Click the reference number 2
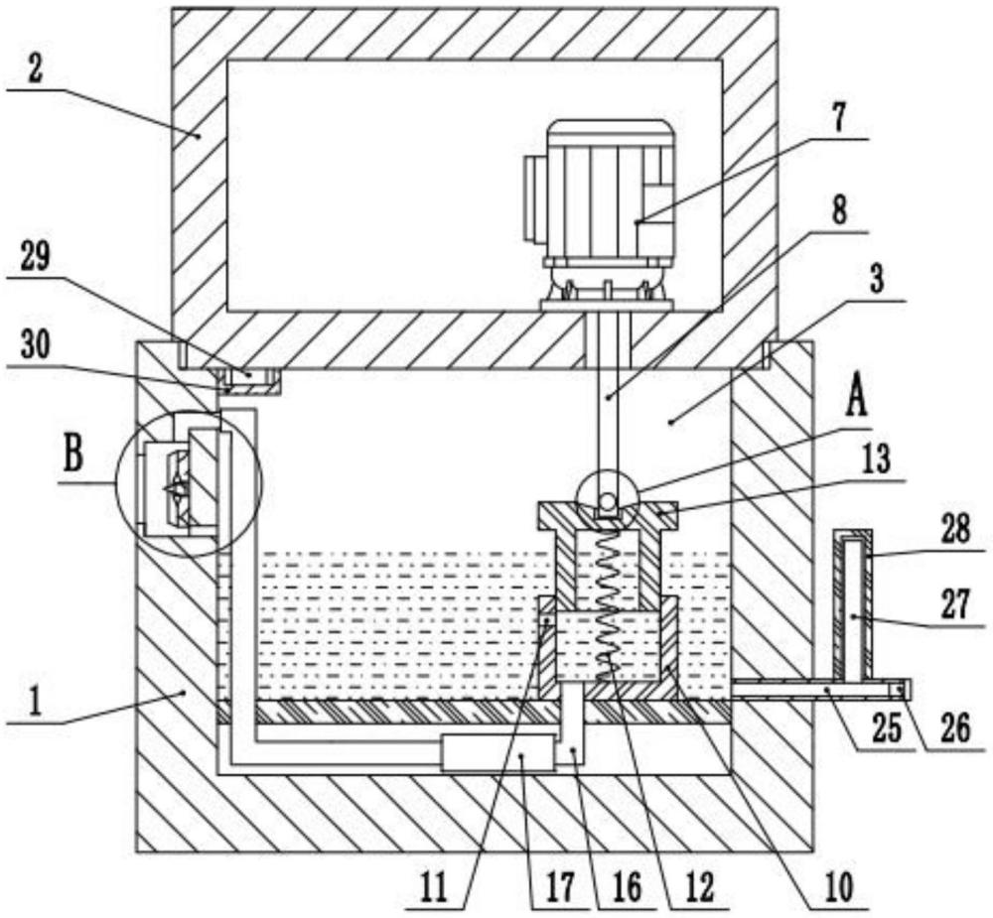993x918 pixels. tap(34, 69)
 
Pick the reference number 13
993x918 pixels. tap(875, 460)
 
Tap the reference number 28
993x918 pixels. tap(955, 531)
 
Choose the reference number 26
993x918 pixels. tap(955, 728)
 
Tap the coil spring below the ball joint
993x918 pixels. tap(611, 601)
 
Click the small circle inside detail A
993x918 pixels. tap(608, 502)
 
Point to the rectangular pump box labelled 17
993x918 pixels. tap(499, 752)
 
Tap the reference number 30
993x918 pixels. tap(36, 345)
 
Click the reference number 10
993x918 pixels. tap(838, 887)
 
